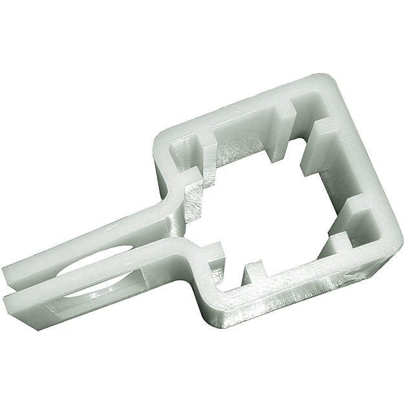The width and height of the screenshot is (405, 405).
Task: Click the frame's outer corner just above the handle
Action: pos(159,139)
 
